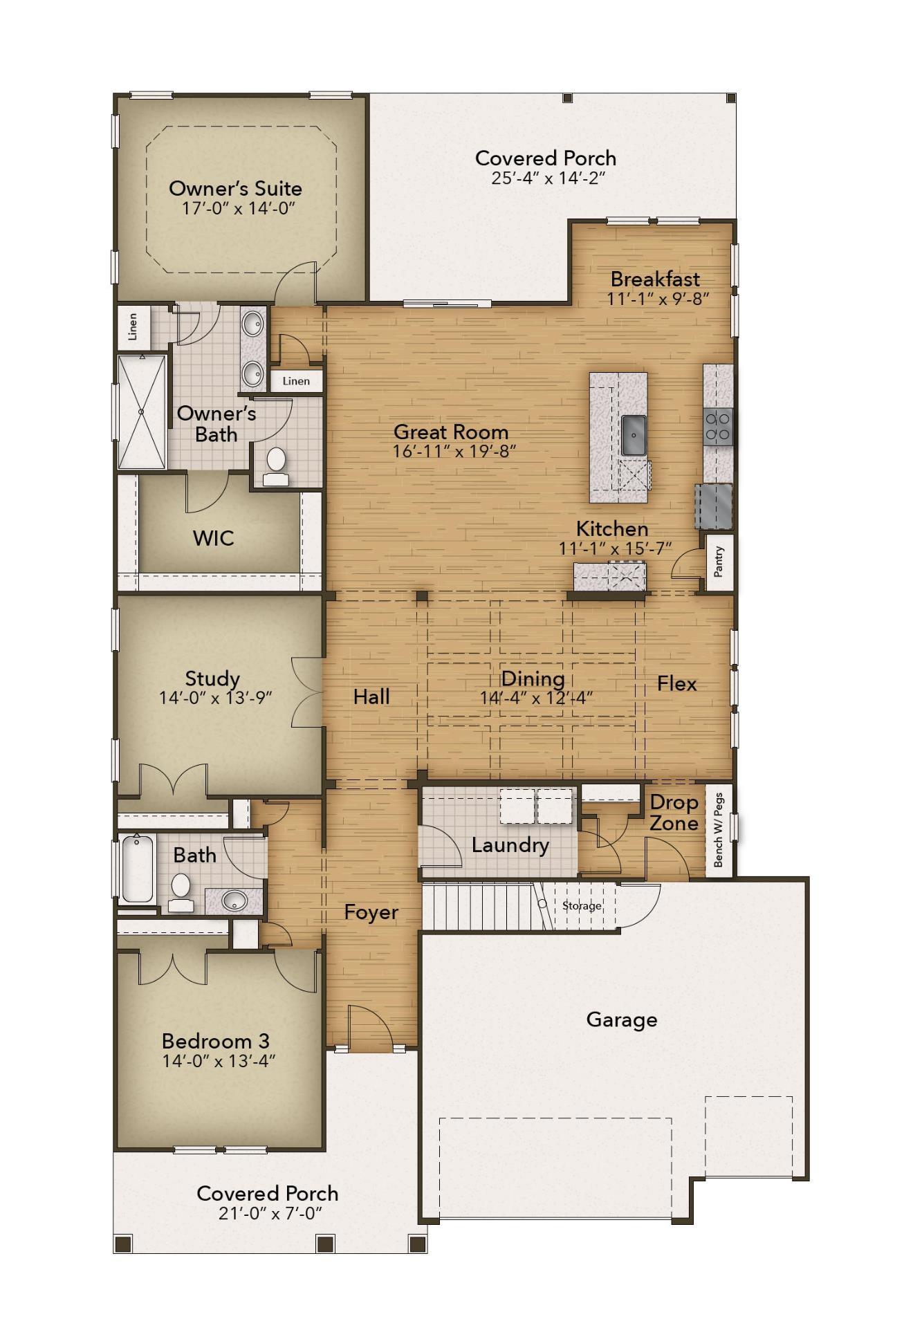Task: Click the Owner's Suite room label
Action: tap(235, 188)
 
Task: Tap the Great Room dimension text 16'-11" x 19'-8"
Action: tap(454, 452)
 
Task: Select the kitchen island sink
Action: tap(633, 435)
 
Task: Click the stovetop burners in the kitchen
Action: tap(717, 425)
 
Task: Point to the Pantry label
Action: tap(719, 562)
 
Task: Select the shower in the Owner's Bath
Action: tap(142, 412)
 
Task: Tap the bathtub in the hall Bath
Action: tap(138, 868)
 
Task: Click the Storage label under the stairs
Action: tap(581, 905)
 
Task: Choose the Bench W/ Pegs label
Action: tap(718, 830)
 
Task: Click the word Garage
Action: tap(621, 1019)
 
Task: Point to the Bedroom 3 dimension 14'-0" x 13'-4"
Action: tap(219, 1061)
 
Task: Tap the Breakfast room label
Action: tap(655, 279)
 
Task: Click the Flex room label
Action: tap(676, 683)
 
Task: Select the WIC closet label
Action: tap(213, 538)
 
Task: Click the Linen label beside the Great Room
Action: tap(296, 381)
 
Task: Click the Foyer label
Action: tap(371, 912)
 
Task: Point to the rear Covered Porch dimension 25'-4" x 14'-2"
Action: tap(548, 178)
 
